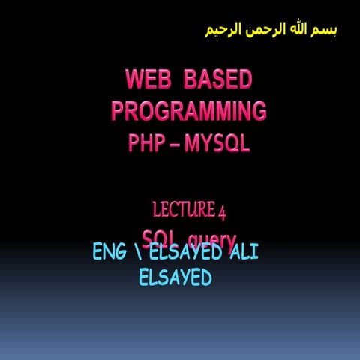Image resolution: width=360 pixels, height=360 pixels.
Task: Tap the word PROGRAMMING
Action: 188,111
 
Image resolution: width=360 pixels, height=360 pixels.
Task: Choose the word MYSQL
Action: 217,142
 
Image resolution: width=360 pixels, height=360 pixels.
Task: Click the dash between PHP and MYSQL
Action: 174,142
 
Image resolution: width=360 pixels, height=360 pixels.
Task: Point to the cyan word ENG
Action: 109,252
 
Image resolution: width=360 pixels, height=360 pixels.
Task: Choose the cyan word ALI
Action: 244,252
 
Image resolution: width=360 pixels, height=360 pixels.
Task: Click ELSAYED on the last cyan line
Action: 175,277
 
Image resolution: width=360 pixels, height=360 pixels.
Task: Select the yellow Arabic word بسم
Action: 322,30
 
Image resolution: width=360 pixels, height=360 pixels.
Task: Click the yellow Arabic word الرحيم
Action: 223,30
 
